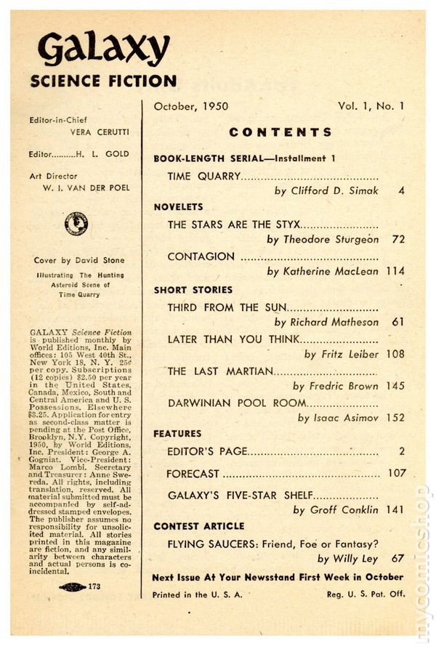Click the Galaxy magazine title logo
[x=102, y=49]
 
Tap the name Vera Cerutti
[x=89, y=133]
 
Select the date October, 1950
[x=191, y=106]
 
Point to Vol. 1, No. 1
[x=371, y=106]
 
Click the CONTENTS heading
[x=280, y=132]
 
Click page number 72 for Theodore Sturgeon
[x=397, y=238]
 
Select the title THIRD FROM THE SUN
[x=227, y=307]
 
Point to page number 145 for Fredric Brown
[x=396, y=386]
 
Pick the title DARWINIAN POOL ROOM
[x=238, y=402]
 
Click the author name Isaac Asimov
[x=347, y=418]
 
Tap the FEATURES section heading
[x=177, y=434]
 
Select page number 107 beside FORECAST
[x=396, y=474]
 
